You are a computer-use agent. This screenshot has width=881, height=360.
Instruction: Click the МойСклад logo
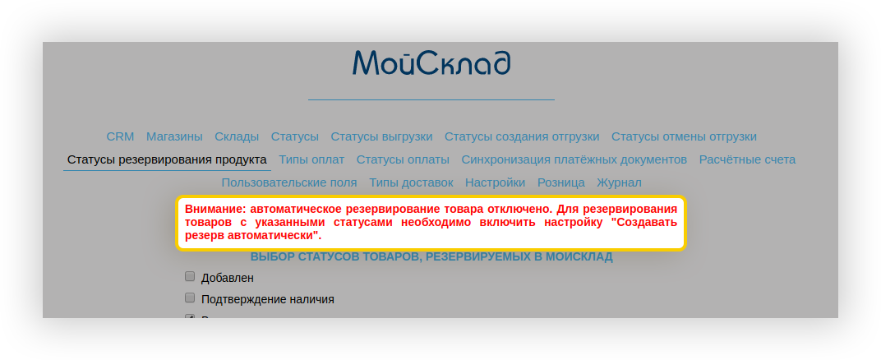pos(431,63)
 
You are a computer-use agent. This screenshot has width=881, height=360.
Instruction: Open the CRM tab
pos(120,136)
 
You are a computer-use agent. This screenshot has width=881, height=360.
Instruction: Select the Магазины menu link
pos(174,136)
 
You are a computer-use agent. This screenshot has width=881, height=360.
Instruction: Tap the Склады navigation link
pos(237,136)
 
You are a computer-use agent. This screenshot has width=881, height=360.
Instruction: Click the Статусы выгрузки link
pos(381,136)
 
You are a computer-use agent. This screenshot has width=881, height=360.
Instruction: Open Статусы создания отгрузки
pos(522,136)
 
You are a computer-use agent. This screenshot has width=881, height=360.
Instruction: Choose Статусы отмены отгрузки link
pos(684,136)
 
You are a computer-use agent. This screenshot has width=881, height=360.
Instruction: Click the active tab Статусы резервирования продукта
pos(167,159)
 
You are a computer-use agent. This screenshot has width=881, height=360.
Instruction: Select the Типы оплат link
pos(311,159)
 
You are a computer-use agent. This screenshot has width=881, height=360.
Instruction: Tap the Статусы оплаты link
pos(403,159)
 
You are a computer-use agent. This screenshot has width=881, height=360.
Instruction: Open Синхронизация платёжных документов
pos(574,159)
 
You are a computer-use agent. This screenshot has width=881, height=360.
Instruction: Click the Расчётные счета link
pos(747,159)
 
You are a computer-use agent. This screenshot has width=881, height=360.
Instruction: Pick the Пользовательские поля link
pos(289,182)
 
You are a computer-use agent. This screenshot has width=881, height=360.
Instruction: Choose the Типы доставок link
pos(411,182)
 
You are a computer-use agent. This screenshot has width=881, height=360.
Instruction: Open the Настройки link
pos(495,182)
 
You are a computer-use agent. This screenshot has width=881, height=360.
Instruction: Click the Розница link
pos(560,182)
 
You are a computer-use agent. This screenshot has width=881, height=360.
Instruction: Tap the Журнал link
pos(619,182)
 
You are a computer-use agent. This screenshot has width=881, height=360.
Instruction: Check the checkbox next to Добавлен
pos(190,276)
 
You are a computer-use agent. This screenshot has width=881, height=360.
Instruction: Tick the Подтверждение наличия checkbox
pos(190,298)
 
